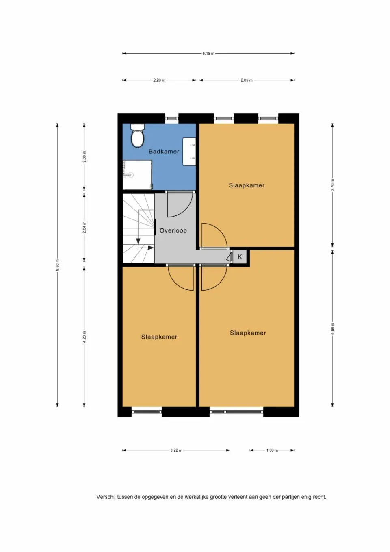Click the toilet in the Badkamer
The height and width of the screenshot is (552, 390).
[137, 136]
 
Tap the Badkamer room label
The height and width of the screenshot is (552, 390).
[164, 151]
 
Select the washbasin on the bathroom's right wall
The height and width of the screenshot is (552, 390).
[189, 152]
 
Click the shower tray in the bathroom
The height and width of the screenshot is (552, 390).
[137, 175]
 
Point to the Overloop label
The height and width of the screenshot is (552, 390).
[173, 230]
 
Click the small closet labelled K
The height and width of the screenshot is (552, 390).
[240, 257]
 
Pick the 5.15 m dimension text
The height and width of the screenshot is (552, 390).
[208, 54]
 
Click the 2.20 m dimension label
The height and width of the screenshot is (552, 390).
[159, 80]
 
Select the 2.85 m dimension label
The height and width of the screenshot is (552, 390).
[247, 80]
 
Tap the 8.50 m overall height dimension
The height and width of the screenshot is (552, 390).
[58, 265]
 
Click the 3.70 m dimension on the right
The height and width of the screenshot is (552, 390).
[332, 185]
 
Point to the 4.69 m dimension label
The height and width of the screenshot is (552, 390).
[332, 328]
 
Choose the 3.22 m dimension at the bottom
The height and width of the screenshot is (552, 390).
[176, 450]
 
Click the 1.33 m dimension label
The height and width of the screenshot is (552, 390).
[272, 450]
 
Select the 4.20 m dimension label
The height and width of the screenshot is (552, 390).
[84, 337]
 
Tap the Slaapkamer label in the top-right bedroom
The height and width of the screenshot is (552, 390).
[247, 185]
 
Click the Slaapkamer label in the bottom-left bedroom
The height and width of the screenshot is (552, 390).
[159, 337]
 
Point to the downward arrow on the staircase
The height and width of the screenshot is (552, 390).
[138, 241]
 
